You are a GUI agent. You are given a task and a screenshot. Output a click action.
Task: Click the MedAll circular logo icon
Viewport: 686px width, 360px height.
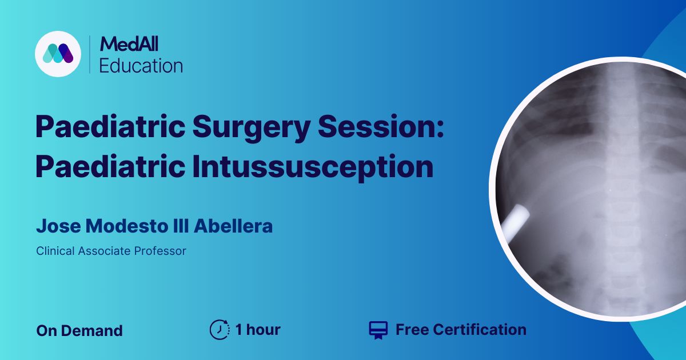(58, 54)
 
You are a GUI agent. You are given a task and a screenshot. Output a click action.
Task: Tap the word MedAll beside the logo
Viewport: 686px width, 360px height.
(129, 44)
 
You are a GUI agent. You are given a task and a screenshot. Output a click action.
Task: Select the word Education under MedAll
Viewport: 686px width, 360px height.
(141, 66)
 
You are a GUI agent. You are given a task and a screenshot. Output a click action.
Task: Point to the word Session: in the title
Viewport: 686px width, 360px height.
(381, 126)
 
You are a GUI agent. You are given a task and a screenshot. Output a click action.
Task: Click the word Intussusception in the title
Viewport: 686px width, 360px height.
(313, 167)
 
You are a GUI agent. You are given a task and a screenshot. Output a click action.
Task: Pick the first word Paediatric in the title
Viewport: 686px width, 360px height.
(110, 126)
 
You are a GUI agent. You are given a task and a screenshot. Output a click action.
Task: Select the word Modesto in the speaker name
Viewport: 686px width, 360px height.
(127, 226)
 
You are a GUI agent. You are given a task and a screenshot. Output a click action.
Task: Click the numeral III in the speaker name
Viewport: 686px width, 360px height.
(181, 226)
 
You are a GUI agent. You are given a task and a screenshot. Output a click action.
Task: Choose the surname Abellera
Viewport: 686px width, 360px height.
(233, 226)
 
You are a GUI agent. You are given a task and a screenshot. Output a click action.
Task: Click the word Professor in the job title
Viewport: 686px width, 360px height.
(160, 251)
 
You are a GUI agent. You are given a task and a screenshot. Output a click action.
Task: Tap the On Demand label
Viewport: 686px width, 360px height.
(79, 331)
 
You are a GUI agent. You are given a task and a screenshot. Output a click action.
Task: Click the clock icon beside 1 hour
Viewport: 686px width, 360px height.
(220, 330)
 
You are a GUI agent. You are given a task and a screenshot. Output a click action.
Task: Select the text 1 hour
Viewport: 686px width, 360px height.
(258, 330)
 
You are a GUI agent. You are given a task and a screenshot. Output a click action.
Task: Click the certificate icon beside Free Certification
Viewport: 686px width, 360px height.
(378, 330)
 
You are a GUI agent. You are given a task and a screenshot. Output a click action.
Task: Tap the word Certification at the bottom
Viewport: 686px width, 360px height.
(480, 330)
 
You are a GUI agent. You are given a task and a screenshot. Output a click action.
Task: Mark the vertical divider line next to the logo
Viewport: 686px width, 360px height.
(90, 54)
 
